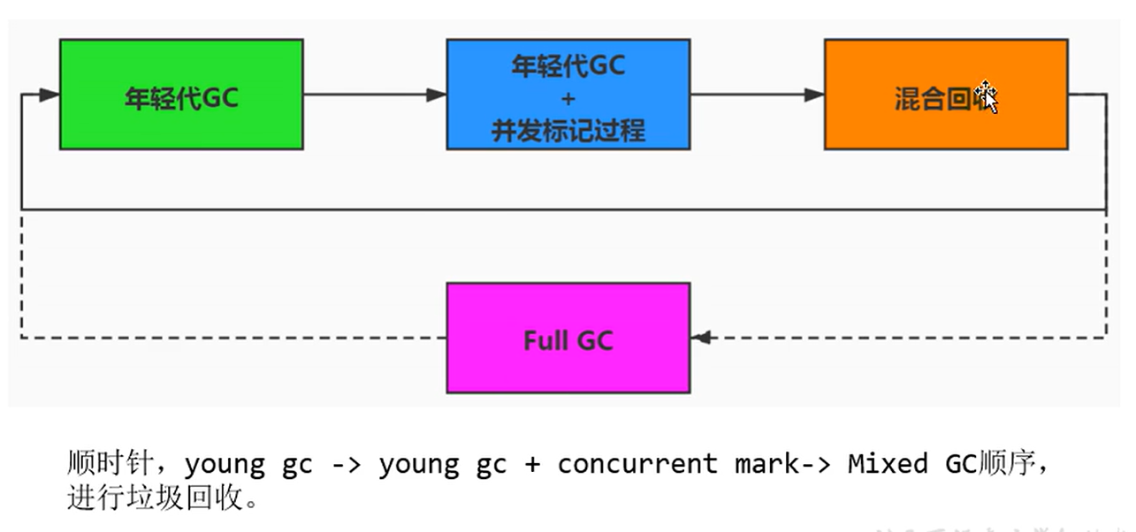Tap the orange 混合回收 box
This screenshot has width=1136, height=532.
click(x=945, y=124)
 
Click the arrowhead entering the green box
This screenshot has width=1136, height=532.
click(x=50, y=95)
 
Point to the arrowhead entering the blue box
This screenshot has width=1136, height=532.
click(x=437, y=95)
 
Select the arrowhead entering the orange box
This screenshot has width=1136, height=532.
click(x=814, y=95)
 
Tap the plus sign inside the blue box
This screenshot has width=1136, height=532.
click(x=568, y=98)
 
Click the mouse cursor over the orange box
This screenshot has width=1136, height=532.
click(x=986, y=95)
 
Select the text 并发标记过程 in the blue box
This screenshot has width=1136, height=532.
click(x=568, y=131)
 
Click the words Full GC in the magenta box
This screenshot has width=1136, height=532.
click(x=568, y=340)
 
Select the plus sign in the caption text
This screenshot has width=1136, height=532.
click(x=532, y=465)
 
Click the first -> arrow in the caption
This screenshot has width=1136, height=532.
click(x=346, y=465)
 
